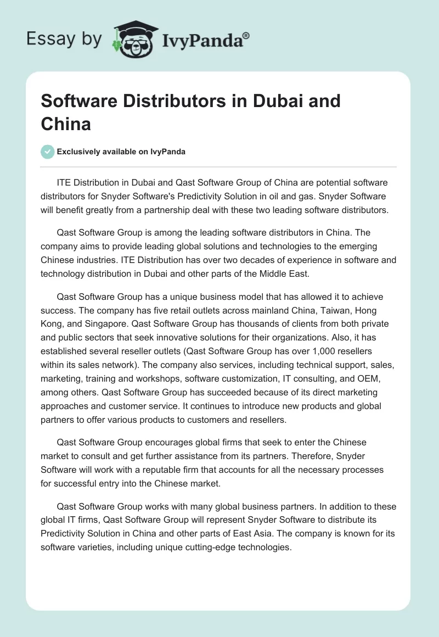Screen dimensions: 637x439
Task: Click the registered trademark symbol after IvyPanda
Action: [x=246, y=35]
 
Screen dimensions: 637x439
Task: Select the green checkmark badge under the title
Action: [x=48, y=152]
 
